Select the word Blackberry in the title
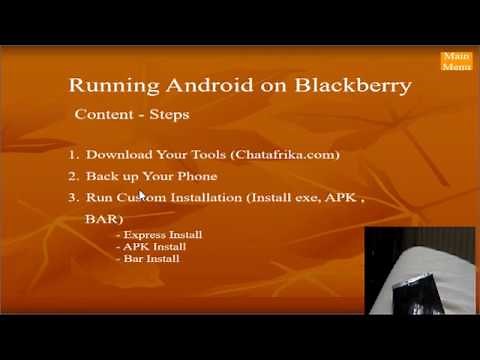353,85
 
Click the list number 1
74,155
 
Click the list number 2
74,176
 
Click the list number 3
74,197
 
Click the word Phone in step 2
196,176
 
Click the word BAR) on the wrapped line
104,217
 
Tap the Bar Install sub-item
151,258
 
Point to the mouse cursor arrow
143,195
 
